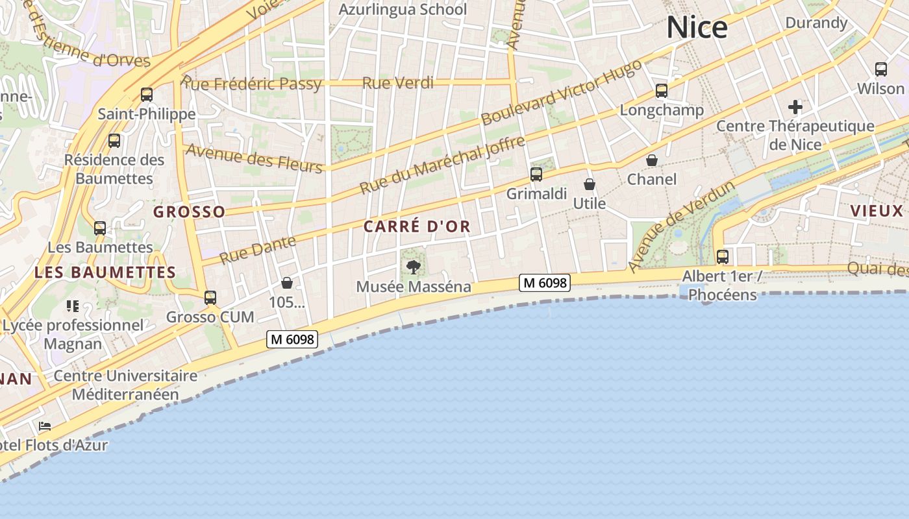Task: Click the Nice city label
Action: [x=697, y=28]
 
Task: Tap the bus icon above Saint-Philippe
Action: [x=147, y=95]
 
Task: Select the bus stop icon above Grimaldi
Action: [x=536, y=174]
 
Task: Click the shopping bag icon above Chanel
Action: [x=652, y=160]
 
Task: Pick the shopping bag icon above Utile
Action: [x=590, y=185]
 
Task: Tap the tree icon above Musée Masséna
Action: [x=413, y=267]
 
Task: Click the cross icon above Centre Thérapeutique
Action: [x=795, y=107]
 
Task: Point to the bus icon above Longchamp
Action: [x=662, y=91]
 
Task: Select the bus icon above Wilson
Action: [x=881, y=69]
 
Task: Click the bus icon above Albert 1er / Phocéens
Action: [x=723, y=257]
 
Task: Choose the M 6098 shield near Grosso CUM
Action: [x=292, y=339]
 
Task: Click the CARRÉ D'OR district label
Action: [x=417, y=226]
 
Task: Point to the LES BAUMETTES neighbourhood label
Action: [x=105, y=272]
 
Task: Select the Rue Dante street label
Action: [x=257, y=250]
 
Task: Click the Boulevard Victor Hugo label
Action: [x=562, y=91]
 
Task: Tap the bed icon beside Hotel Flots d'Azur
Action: [x=45, y=426]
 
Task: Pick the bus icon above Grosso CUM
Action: [x=210, y=298]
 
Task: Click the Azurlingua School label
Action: [x=403, y=10]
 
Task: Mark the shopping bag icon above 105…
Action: [x=287, y=283]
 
